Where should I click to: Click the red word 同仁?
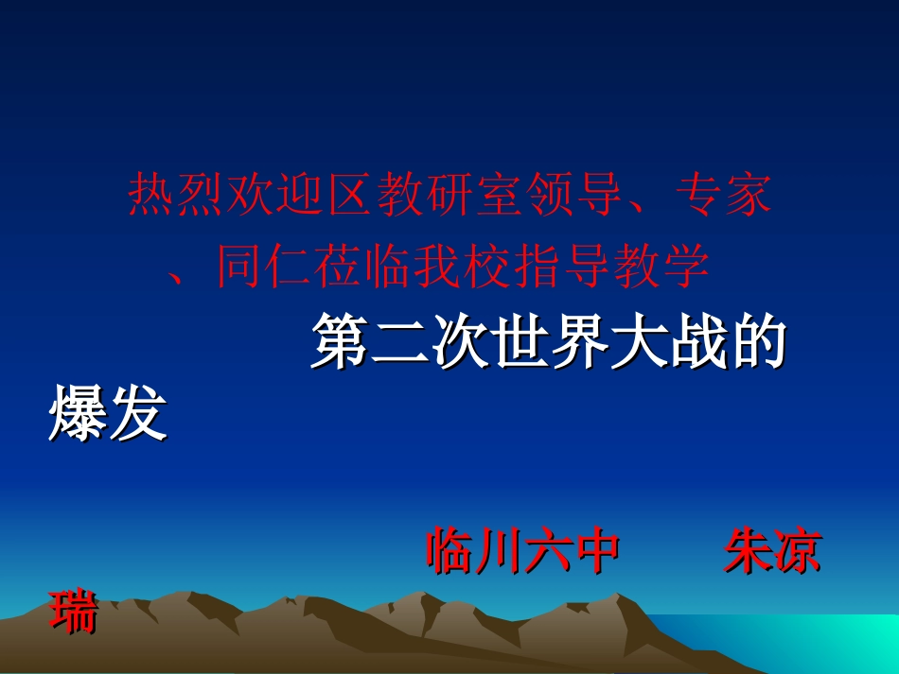click(x=265, y=267)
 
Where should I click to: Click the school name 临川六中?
click(x=523, y=552)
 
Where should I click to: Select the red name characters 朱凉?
click(x=772, y=552)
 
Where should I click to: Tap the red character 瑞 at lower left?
click(x=74, y=612)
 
